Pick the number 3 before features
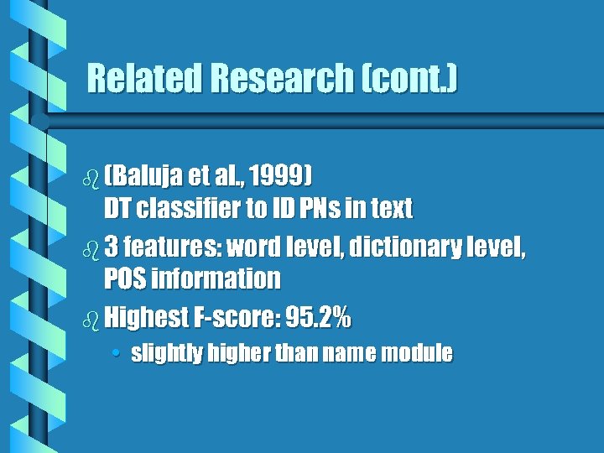tap(112, 248)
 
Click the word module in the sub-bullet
tap(416, 354)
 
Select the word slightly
tap(167, 354)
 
